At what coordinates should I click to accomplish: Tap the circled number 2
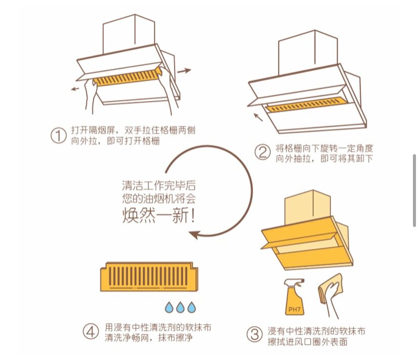click(262, 152)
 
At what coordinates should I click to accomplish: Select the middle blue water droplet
click(180, 307)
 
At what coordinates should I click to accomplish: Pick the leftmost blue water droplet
click(169, 307)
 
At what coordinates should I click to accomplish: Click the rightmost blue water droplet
click(191, 307)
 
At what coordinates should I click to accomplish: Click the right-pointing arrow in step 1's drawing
click(184, 71)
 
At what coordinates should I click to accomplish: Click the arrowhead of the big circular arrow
click(194, 234)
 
